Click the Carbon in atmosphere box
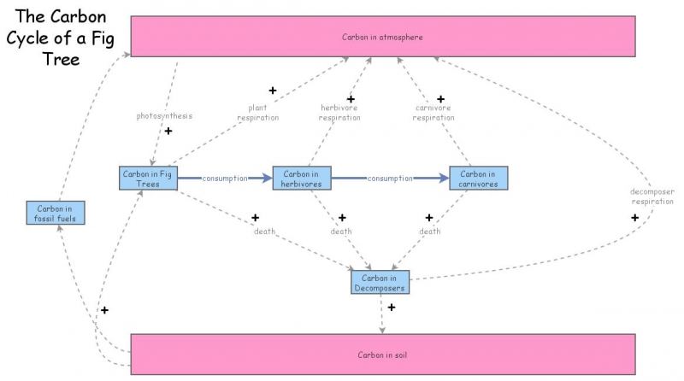point(382,37)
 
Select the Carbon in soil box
point(382,355)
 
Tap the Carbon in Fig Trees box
point(148,178)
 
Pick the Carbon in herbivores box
point(302,178)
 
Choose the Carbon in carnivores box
point(479,178)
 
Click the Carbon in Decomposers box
point(378,283)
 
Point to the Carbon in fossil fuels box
point(56,213)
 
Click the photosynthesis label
point(164,115)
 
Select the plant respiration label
point(258,113)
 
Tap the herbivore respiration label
point(339,113)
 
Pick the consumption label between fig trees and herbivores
point(225,179)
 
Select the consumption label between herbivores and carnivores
point(390,179)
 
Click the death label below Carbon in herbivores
point(341,232)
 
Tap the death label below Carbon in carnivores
point(430,232)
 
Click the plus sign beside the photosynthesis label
point(168,132)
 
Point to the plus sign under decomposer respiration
point(634,218)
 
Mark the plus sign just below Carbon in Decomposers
point(391,307)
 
